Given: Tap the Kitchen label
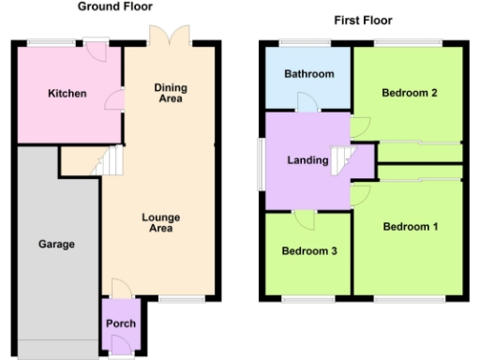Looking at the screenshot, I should click(67, 94).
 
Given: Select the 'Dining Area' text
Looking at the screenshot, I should click(170, 93).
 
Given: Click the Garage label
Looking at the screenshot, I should click(56, 244).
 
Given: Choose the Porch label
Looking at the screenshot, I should click(120, 324).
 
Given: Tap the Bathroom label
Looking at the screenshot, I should click(308, 74).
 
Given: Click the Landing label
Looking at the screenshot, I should click(308, 160).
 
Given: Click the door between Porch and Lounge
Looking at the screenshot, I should click(120, 288).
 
